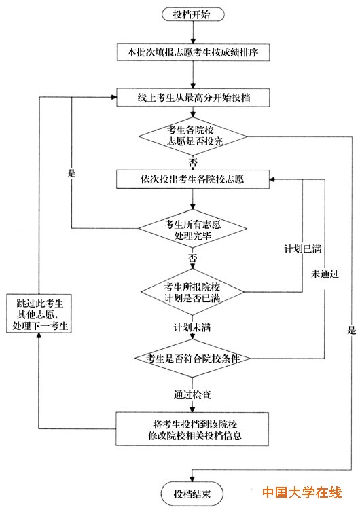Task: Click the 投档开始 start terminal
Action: point(192,14)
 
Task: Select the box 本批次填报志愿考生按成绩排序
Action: point(194,51)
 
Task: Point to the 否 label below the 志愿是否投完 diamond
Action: point(194,163)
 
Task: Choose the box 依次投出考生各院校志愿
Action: point(194,179)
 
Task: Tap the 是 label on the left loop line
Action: point(71,172)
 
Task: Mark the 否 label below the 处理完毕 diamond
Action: point(194,259)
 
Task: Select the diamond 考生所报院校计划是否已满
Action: point(194,291)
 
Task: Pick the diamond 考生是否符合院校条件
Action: point(194,358)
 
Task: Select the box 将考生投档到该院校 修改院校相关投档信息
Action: point(194,428)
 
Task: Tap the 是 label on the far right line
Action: point(351,331)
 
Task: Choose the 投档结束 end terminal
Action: point(192,494)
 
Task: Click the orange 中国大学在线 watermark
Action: point(302,492)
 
